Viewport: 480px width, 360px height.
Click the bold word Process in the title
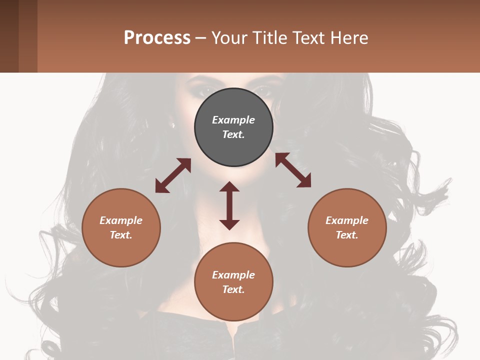coord(157,38)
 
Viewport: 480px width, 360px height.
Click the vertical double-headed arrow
coord(229,206)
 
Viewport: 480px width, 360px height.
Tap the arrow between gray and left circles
coord(173,175)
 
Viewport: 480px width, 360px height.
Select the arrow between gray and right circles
coord(293,170)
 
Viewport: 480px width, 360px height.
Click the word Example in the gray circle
coord(233,120)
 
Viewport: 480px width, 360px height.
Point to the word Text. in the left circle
coord(121,235)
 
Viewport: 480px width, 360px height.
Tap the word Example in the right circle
coord(347,220)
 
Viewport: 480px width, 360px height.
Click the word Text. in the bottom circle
coord(233,289)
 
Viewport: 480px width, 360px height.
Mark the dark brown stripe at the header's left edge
coord(9,36)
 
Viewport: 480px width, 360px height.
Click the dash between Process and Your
coord(200,38)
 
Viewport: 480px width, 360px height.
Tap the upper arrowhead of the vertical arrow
coord(229,187)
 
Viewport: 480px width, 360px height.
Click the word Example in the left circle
coord(121,220)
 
